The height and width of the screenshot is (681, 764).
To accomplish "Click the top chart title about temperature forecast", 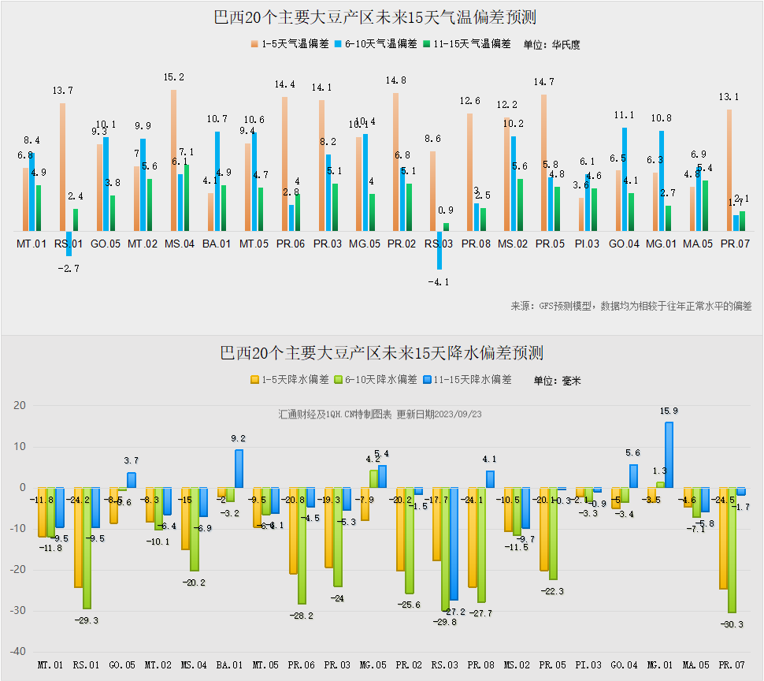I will tap(381, 17).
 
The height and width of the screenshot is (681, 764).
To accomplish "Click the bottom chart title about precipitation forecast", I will tap(381, 352).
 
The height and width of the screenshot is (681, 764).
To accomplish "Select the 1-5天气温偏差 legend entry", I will tap(290, 44).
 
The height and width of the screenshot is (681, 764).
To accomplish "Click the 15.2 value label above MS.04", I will tap(173, 77).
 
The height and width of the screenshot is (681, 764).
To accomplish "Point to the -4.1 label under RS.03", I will tap(439, 281).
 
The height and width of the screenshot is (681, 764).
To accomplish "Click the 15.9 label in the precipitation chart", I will tap(669, 411).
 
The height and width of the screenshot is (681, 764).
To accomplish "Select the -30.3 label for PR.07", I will tap(732, 624).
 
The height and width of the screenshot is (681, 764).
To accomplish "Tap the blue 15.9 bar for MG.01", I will tap(669, 455).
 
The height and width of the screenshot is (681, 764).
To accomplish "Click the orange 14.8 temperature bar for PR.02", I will tap(395, 162).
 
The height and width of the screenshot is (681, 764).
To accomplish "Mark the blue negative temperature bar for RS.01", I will tap(69, 244).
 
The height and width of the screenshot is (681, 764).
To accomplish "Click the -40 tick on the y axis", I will tap(17, 652).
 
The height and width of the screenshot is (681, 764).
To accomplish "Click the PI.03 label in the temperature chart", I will tap(587, 244).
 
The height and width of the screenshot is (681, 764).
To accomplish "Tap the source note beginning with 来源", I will tap(631, 306).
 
